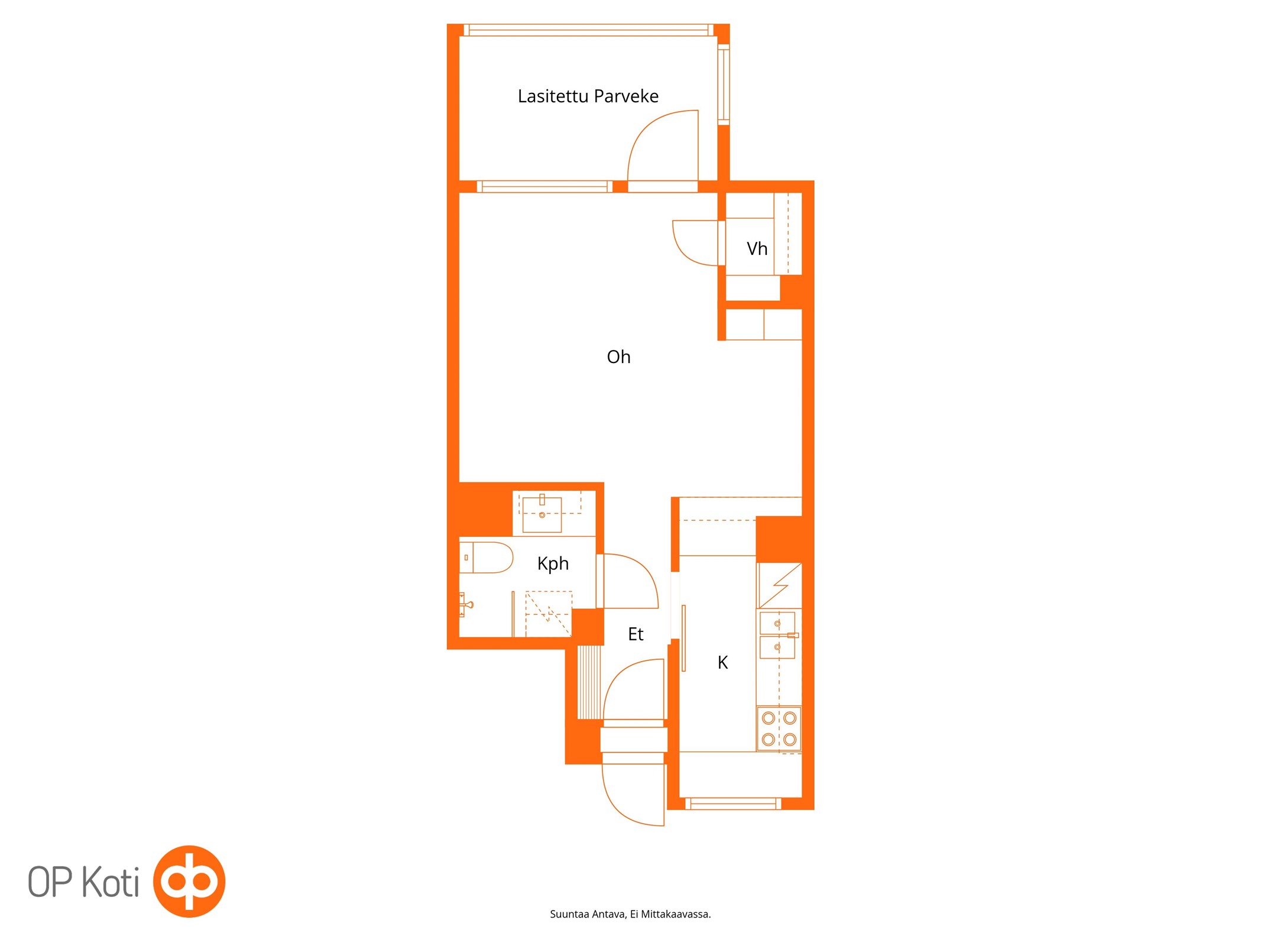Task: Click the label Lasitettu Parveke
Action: point(588,96)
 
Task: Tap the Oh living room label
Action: point(618,357)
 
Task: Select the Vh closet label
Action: point(757,248)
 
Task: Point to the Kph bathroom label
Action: point(553,563)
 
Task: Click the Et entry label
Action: point(636,634)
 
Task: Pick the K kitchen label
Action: point(722,662)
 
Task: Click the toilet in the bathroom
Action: point(486,558)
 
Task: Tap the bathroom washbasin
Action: point(542,514)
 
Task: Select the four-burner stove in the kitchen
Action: point(779,728)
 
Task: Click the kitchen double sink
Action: point(777,635)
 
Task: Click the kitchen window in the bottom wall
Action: point(733,803)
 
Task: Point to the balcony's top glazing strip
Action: point(589,30)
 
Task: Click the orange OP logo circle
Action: point(189,881)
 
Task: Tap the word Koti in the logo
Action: point(111,882)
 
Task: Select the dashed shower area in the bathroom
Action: point(549,614)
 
